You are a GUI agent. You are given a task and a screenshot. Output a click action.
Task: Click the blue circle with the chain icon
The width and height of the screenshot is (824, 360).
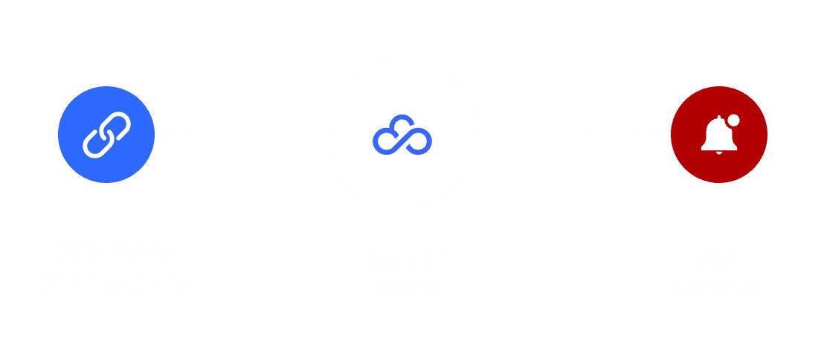coord(106,135)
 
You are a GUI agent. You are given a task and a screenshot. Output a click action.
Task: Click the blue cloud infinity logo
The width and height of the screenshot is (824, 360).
coord(402,135)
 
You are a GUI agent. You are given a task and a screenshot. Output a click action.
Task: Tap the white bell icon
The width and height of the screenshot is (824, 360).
coord(715,136)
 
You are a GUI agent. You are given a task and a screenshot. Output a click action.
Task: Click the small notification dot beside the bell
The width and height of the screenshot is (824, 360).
coord(734,118)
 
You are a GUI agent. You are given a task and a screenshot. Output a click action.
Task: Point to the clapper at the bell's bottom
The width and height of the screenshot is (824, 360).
coord(718,153)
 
